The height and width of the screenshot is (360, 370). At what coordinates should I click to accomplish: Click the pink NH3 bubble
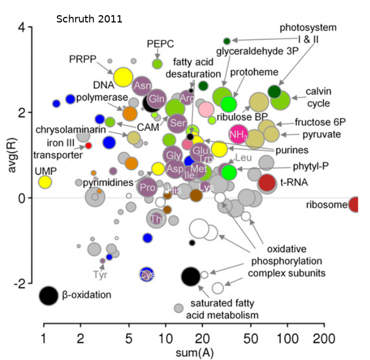pos(238,133)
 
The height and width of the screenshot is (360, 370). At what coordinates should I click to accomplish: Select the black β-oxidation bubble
pos(49,295)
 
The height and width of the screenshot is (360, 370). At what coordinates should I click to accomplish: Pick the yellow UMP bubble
pos(45,182)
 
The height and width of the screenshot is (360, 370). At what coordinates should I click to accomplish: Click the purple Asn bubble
pos(143,86)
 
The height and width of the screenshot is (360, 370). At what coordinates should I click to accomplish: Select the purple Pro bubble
pos(147,188)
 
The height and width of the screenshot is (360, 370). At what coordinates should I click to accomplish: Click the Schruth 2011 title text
pos(89,19)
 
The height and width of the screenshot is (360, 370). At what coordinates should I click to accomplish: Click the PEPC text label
pos(160,44)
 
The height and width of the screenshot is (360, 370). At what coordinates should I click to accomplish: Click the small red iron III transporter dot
pos(88,146)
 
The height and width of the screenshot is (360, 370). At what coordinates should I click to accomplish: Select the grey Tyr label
pos(101,275)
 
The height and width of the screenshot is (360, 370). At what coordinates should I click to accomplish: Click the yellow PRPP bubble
pos(123,76)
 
